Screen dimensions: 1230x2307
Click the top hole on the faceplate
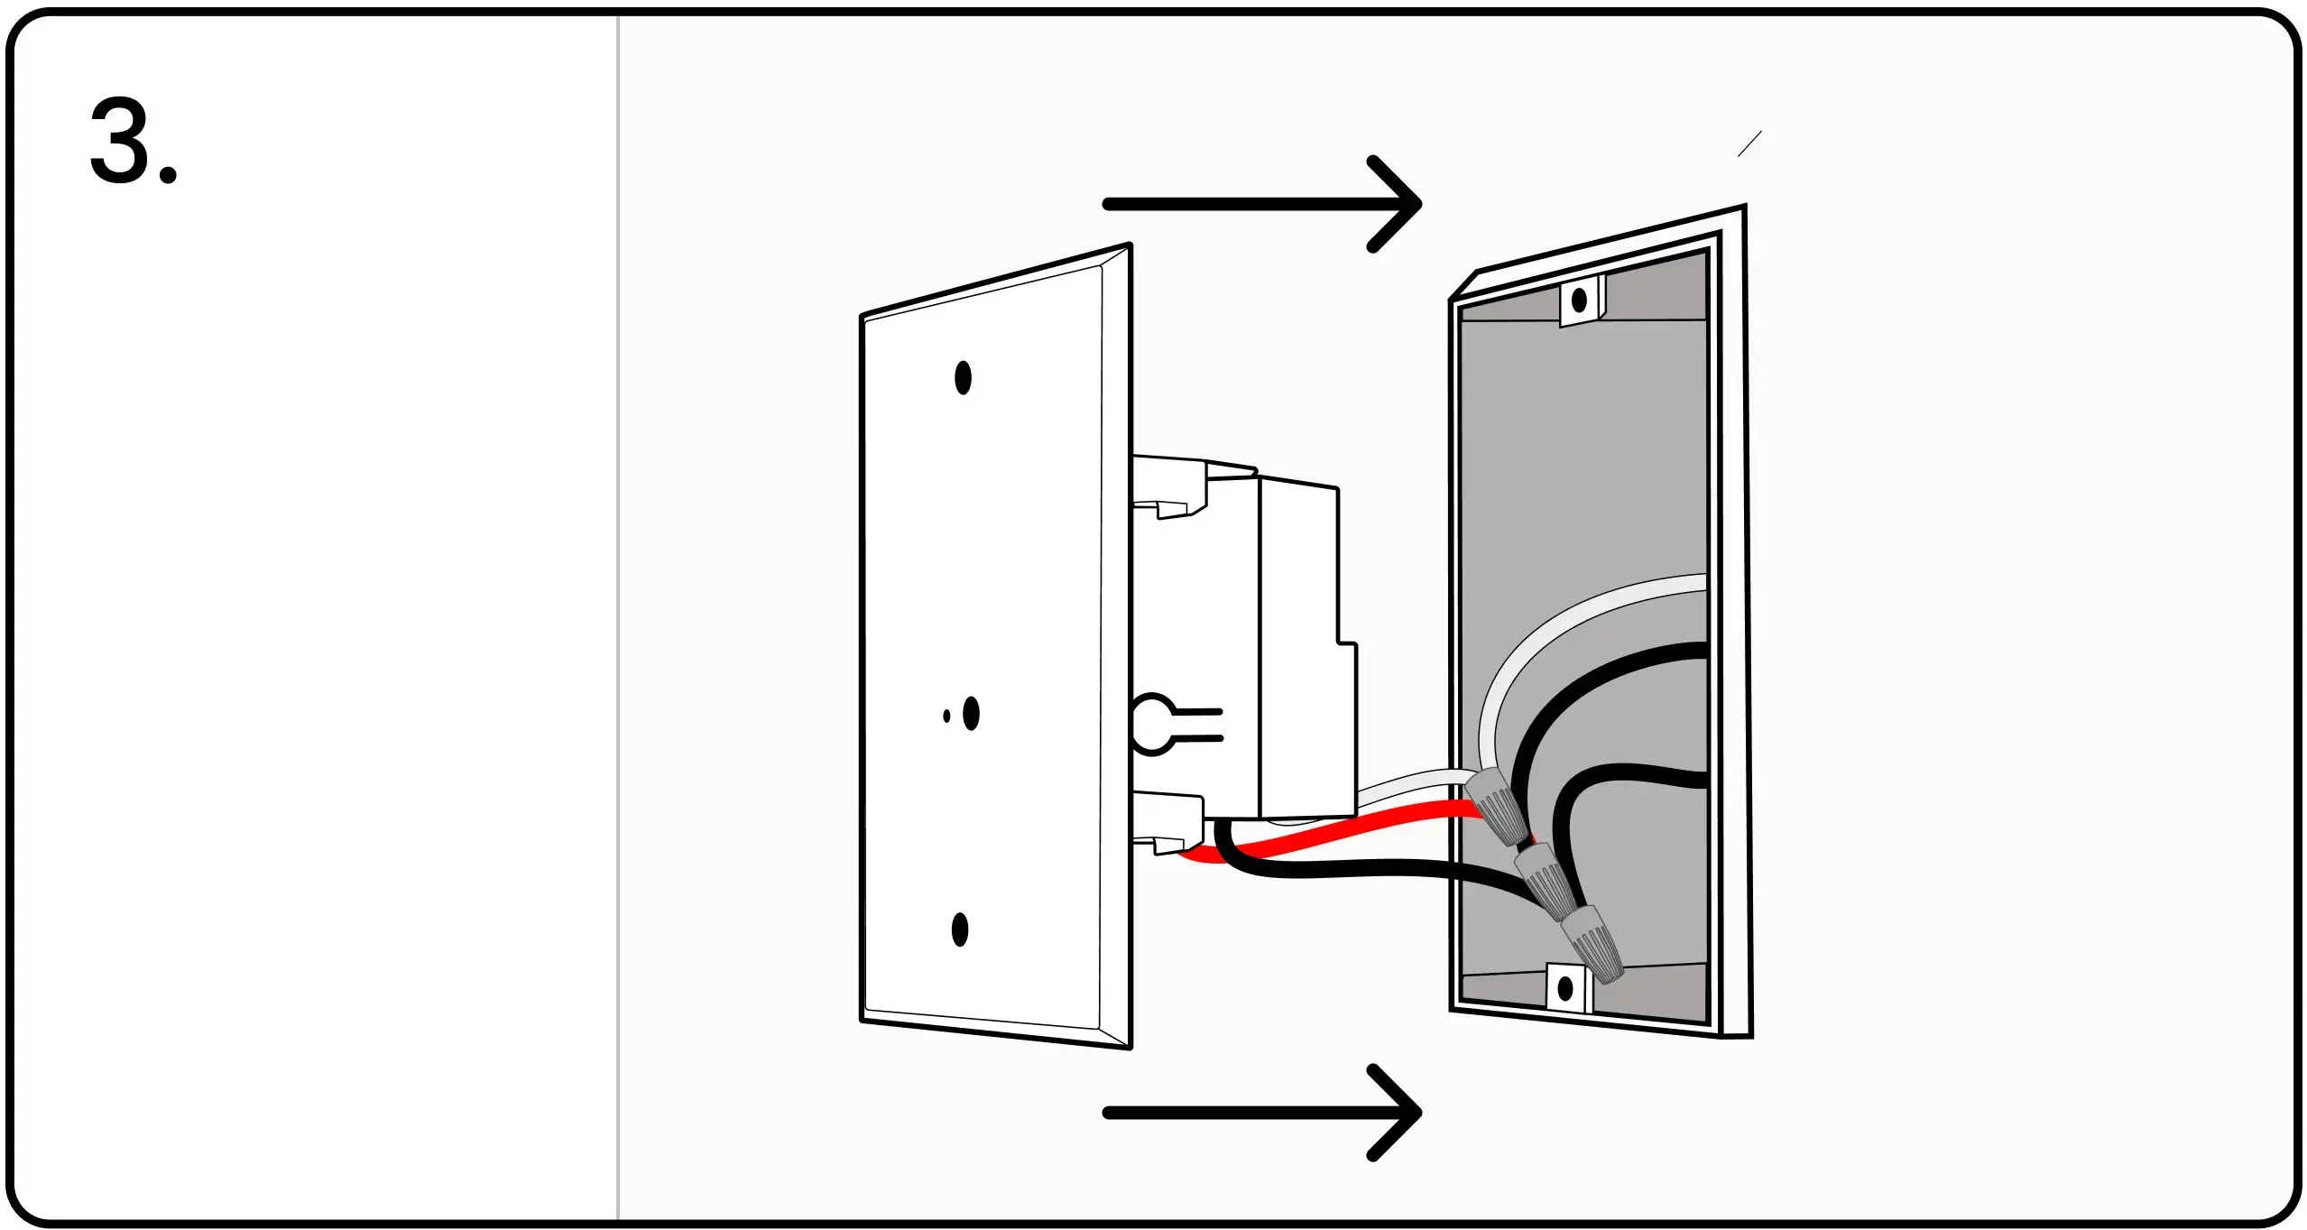point(963,378)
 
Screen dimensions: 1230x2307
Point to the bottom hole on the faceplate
point(960,929)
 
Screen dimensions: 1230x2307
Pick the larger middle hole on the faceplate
point(971,714)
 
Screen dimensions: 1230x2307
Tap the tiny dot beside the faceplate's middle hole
point(946,717)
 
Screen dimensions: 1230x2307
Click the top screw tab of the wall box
point(1580,301)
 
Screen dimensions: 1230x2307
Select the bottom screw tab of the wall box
point(1566,988)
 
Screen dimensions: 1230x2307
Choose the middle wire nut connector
point(1545,880)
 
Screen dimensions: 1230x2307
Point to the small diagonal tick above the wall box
point(1749,143)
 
